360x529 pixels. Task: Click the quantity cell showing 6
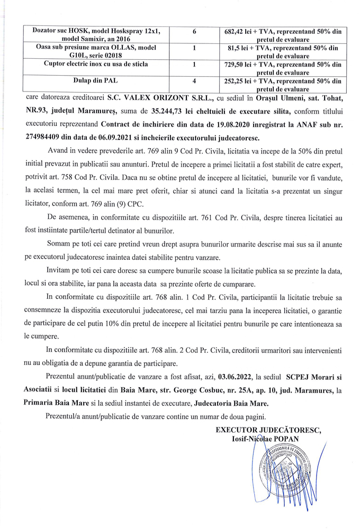[x=195, y=32]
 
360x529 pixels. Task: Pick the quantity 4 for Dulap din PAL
[x=195, y=81]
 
